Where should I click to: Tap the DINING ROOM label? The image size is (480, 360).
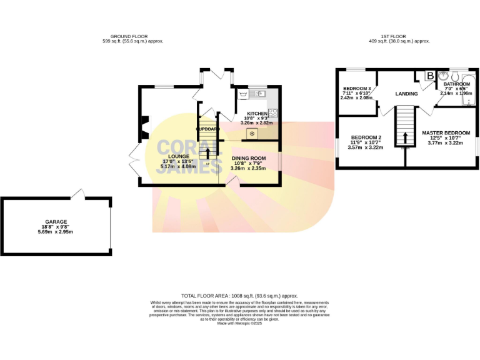click(248, 158)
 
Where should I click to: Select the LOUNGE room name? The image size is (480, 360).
click(174, 156)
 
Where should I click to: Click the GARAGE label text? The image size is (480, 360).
click(55, 222)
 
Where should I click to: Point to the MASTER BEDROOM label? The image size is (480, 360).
click(446, 133)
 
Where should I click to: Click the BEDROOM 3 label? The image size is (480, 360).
click(357, 89)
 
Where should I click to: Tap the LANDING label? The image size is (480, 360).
click(406, 94)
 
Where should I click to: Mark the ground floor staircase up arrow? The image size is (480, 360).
click(208, 152)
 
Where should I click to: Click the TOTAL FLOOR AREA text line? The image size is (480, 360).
click(239, 296)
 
